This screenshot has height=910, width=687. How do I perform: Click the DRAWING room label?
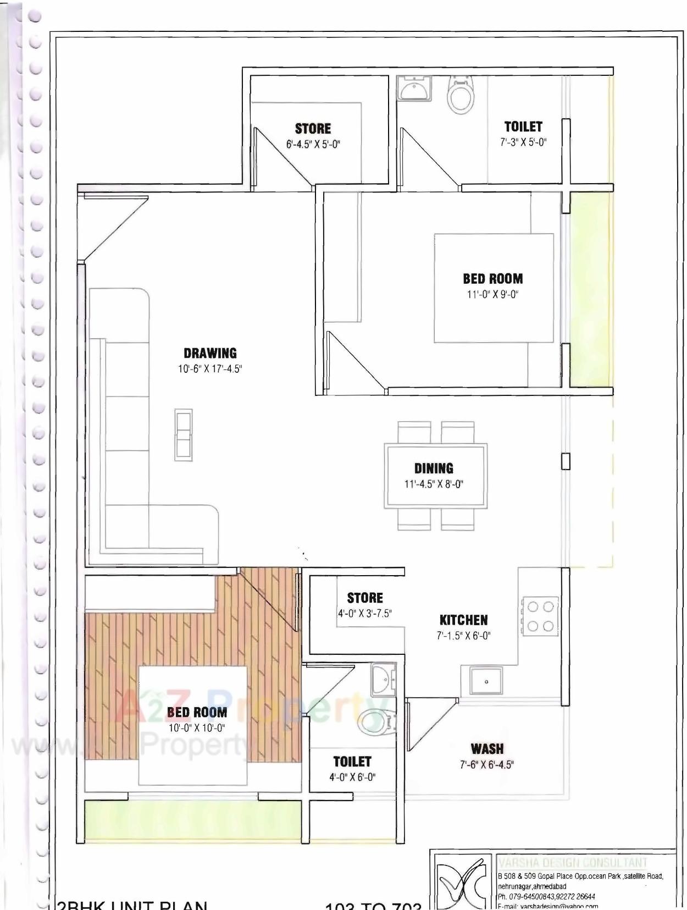pyautogui.click(x=210, y=353)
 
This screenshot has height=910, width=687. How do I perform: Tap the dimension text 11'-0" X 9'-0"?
pyautogui.click(x=492, y=294)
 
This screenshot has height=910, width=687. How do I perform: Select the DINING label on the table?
pyautogui.click(x=434, y=468)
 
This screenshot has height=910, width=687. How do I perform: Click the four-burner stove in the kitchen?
pyautogui.click(x=540, y=616)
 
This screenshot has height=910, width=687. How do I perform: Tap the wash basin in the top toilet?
pyautogui.click(x=415, y=88)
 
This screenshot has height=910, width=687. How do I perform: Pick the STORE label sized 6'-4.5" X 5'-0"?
pyautogui.click(x=313, y=129)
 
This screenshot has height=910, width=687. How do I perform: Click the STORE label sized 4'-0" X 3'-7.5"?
pyautogui.click(x=365, y=598)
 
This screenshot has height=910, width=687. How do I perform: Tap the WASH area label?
pyautogui.click(x=487, y=749)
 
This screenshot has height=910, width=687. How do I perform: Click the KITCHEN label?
pyautogui.click(x=463, y=620)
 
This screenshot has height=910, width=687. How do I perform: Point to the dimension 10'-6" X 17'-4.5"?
pyautogui.click(x=209, y=369)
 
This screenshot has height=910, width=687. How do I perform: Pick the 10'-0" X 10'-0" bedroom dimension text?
pyautogui.click(x=197, y=728)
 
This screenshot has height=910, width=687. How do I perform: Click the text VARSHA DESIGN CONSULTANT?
pyautogui.click(x=573, y=863)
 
